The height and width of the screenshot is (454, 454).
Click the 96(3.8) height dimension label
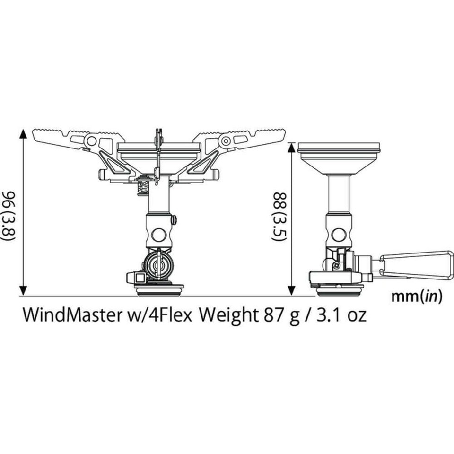(10, 215)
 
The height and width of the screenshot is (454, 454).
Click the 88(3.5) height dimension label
(279, 217)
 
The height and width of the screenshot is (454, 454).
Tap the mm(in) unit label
(417, 297)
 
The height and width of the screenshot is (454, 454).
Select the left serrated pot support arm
(71, 138)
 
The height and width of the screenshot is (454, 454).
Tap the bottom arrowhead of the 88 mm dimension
(292, 290)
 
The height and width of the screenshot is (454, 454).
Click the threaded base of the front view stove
(159, 289)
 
